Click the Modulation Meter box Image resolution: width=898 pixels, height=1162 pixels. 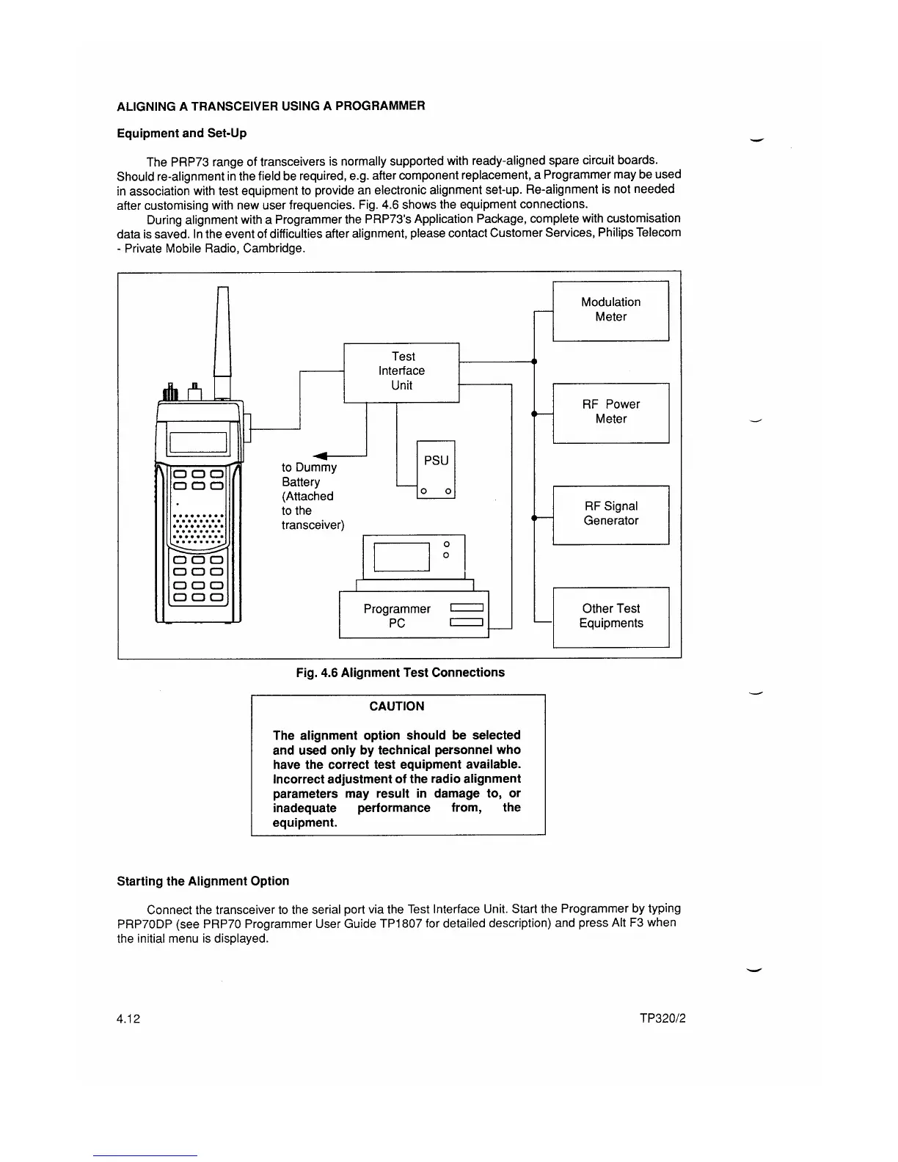(x=610, y=310)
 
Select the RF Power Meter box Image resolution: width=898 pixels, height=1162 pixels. (x=610, y=412)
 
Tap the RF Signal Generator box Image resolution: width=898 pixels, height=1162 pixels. (x=610, y=514)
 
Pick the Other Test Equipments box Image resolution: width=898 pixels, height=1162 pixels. (x=610, y=616)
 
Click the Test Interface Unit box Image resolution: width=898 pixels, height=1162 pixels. (x=401, y=372)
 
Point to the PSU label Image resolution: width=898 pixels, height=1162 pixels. (x=436, y=461)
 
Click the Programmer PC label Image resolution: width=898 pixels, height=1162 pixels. (x=397, y=616)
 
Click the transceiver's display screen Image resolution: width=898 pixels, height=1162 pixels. (x=198, y=443)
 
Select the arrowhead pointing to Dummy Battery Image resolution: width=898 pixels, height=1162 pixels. (x=320, y=456)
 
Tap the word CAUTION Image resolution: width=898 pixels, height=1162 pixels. (x=397, y=706)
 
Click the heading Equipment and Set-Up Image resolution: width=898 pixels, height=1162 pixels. (x=182, y=134)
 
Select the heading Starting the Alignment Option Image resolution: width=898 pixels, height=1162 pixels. (x=203, y=881)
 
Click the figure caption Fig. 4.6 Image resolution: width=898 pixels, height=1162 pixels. (x=401, y=673)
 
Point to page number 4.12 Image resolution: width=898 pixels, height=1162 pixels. (x=128, y=1019)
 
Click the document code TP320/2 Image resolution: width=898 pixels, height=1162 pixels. (x=662, y=1019)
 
